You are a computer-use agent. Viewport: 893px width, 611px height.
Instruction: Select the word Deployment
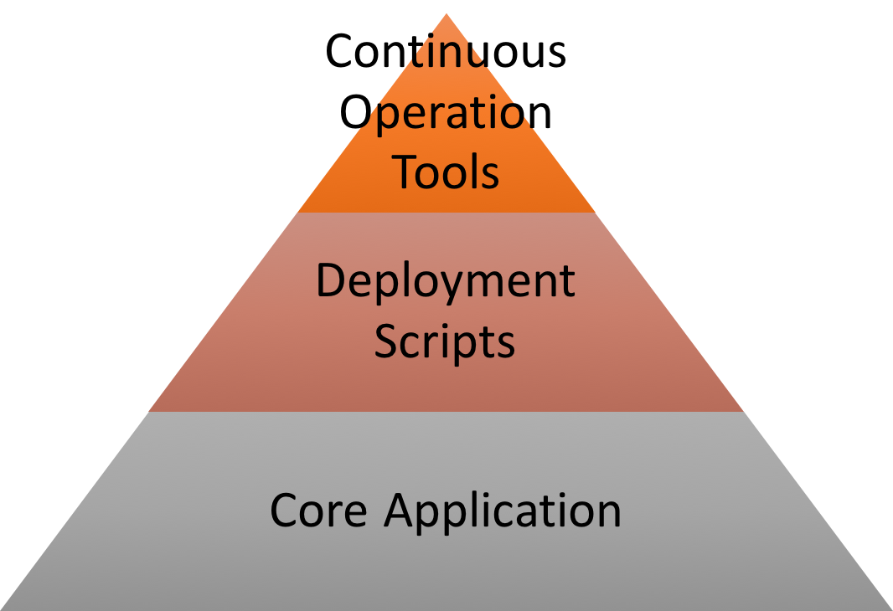pyautogui.click(x=445, y=283)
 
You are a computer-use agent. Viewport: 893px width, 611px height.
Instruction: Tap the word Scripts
pyautogui.click(x=444, y=341)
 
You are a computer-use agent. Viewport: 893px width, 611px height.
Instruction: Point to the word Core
pyautogui.click(x=318, y=510)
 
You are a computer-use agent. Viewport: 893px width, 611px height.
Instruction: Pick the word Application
pyautogui.click(x=503, y=511)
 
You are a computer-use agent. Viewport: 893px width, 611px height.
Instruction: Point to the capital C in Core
pyautogui.click(x=285, y=510)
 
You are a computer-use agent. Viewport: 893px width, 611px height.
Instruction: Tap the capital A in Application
pyautogui.click(x=400, y=509)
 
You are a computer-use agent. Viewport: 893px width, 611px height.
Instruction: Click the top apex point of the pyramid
pyautogui.click(x=446, y=13)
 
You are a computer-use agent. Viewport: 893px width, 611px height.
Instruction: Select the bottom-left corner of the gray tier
pyautogui.click(x=3, y=608)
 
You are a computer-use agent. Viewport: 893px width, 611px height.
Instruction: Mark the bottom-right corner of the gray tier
pyautogui.click(x=890, y=608)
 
